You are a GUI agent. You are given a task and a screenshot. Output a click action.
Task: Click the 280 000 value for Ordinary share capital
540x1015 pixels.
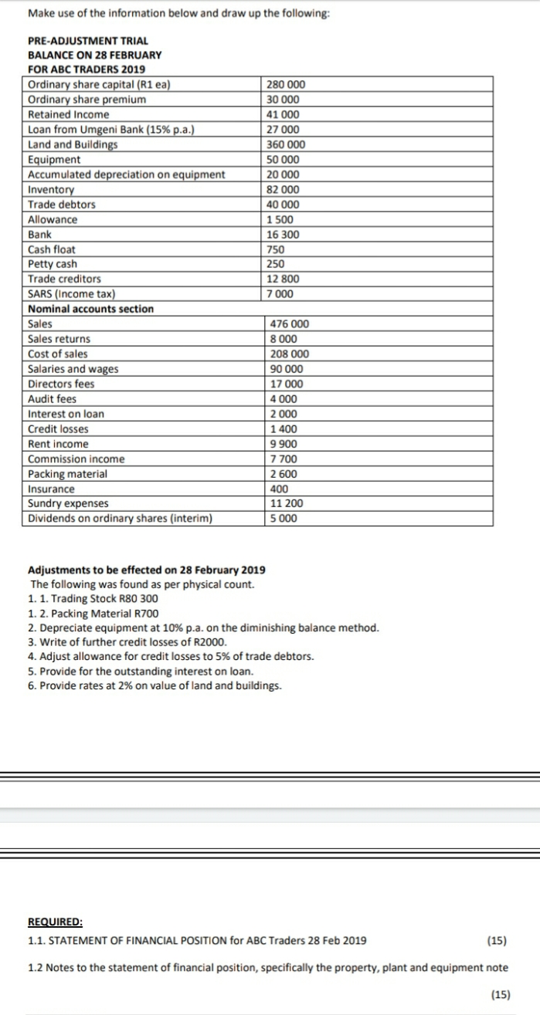(285, 85)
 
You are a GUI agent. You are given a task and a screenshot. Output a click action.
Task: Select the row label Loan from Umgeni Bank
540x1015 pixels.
(110, 130)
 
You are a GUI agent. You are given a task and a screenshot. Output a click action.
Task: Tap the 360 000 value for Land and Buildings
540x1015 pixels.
(285, 144)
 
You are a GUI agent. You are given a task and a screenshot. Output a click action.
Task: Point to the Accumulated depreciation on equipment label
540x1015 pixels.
(126, 174)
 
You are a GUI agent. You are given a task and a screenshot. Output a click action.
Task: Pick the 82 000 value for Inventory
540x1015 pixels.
(283, 190)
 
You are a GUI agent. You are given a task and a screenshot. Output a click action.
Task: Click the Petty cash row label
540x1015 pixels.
(53, 264)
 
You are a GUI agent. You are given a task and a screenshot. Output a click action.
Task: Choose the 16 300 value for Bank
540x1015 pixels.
(283, 235)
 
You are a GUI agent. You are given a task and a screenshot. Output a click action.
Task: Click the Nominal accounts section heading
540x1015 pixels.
(90, 309)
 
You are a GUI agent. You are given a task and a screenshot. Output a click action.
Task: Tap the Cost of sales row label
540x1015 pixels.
(58, 354)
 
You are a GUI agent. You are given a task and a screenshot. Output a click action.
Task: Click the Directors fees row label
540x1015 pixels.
(62, 384)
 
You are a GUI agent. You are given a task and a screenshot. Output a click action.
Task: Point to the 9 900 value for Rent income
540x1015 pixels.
(281, 444)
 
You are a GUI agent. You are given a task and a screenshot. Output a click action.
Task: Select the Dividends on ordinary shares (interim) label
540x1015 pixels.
(120, 519)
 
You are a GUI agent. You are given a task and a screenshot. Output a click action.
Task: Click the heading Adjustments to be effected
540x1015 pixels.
(146, 570)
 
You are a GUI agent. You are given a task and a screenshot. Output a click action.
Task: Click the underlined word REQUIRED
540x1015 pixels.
(55, 922)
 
